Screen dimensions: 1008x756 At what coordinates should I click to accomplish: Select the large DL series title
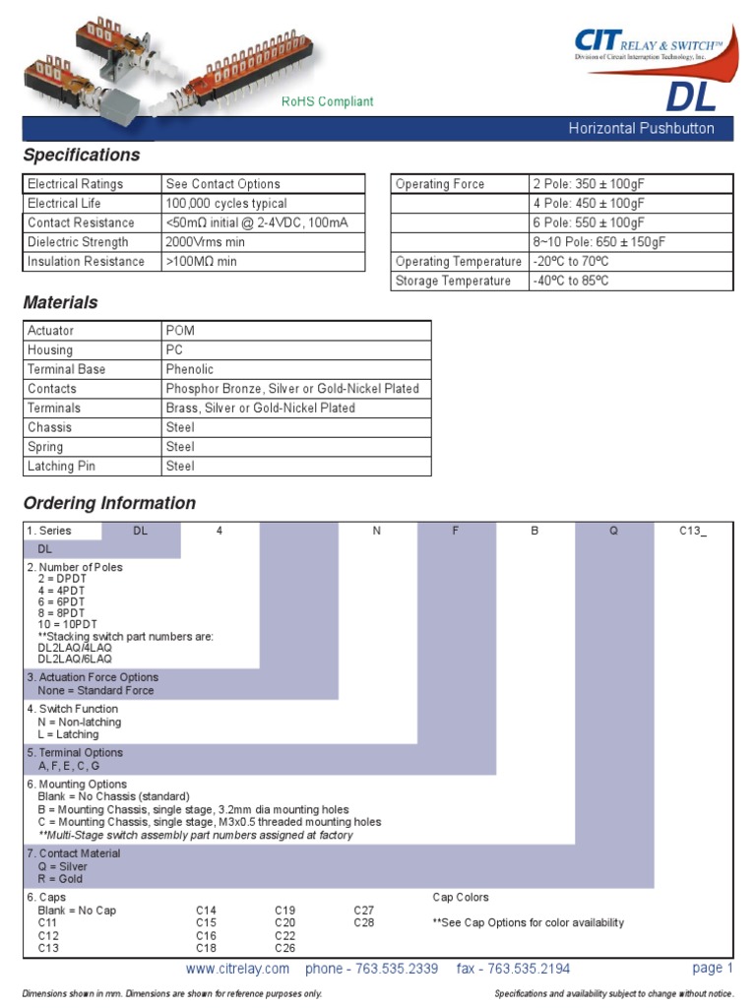pos(691,96)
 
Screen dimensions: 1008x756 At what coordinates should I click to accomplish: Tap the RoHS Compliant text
pos(328,101)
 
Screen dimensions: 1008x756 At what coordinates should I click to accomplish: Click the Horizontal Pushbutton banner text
pos(641,129)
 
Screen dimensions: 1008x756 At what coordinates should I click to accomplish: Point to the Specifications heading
pos(82,156)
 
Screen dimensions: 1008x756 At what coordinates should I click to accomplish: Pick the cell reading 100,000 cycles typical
pos(226,203)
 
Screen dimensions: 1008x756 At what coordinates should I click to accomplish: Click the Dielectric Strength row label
pos(78,242)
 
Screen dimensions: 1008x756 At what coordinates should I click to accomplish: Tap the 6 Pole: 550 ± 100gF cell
pos(589,222)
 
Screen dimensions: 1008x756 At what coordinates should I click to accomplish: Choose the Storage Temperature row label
pos(453,281)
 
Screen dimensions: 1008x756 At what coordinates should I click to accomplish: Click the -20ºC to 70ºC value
pos(571,261)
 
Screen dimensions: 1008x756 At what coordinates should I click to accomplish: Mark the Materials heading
pos(60,302)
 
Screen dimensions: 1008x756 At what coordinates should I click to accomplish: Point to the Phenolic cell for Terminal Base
pos(190,369)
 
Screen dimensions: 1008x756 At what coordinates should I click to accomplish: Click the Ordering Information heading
pos(109,503)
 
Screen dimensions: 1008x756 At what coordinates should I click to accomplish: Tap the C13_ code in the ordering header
pos(693,531)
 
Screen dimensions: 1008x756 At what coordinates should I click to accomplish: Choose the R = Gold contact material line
pos(60,878)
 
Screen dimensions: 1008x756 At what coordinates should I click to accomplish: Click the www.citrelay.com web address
pos(237,969)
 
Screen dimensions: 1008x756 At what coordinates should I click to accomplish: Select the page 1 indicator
pos(713,968)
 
